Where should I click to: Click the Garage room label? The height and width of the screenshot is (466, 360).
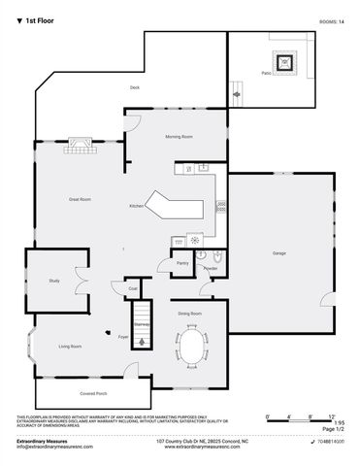pos(278,253)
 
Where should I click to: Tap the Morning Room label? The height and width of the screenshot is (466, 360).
pos(179,137)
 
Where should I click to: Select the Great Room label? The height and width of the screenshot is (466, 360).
pos(80,199)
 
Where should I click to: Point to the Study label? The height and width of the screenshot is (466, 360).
pos(54,281)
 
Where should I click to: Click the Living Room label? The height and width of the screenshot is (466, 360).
pos(70,347)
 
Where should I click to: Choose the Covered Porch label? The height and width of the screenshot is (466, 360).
pos(93,393)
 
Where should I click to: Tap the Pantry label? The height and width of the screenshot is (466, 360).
pos(181,263)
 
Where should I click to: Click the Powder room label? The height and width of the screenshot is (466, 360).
pos(210,269)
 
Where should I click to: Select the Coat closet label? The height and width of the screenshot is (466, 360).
pos(132,288)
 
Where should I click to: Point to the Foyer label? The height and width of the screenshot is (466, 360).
pos(123,337)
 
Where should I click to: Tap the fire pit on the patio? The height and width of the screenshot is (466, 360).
pos(284,63)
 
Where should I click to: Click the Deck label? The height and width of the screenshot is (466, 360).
pos(136,88)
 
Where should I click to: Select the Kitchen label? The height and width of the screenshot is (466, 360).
pos(137,206)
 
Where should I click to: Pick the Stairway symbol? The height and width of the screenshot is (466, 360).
pos(142,330)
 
